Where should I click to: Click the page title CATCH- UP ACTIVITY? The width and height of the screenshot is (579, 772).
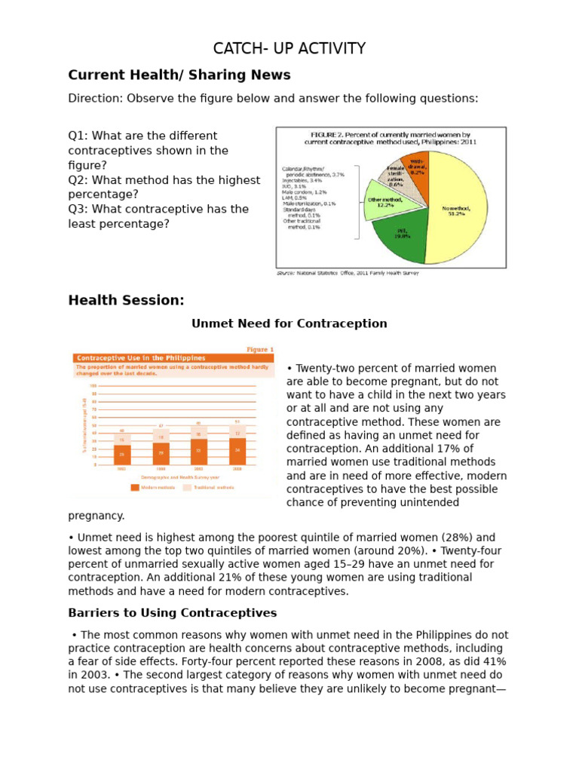(289, 49)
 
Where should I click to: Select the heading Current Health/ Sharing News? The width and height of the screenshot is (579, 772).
(179, 75)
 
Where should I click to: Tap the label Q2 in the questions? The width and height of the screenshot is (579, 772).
(78, 180)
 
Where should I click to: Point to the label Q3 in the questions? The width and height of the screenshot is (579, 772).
(78, 209)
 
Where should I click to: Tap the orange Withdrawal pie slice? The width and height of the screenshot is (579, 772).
(417, 166)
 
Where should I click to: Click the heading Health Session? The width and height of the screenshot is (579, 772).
(126, 300)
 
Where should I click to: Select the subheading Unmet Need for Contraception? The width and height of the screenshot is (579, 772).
(289, 323)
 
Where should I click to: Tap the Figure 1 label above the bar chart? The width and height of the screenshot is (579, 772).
(260, 349)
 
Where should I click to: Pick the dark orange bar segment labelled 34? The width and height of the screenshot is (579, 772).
(237, 452)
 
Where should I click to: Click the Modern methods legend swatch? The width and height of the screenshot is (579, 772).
(136, 487)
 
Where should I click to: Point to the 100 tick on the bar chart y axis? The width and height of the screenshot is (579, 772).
(94, 386)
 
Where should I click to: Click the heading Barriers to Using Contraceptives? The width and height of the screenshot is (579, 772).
(173, 612)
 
